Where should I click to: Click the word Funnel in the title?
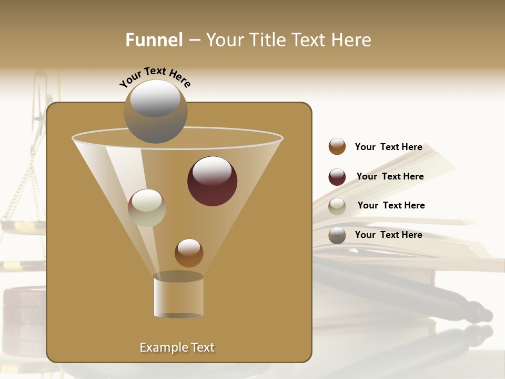(x=154, y=40)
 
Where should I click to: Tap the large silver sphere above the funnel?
(x=155, y=111)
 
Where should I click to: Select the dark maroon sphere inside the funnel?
(x=212, y=181)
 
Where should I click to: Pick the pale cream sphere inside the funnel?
(x=147, y=208)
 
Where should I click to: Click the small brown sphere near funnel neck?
(x=189, y=253)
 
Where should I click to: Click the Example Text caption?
(x=177, y=347)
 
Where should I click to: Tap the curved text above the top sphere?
(x=155, y=77)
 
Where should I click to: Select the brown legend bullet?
(x=337, y=146)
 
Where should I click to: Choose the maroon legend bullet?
(x=337, y=177)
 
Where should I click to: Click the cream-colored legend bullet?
(x=337, y=206)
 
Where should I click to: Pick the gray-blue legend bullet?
(x=337, y=235)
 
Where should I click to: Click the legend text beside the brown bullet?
(x=388, y=147)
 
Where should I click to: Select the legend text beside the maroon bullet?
(x=390, y=176)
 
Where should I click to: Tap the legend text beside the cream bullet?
(x=391, y=205)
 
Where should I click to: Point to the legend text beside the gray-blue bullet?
(x=388, y=235)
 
